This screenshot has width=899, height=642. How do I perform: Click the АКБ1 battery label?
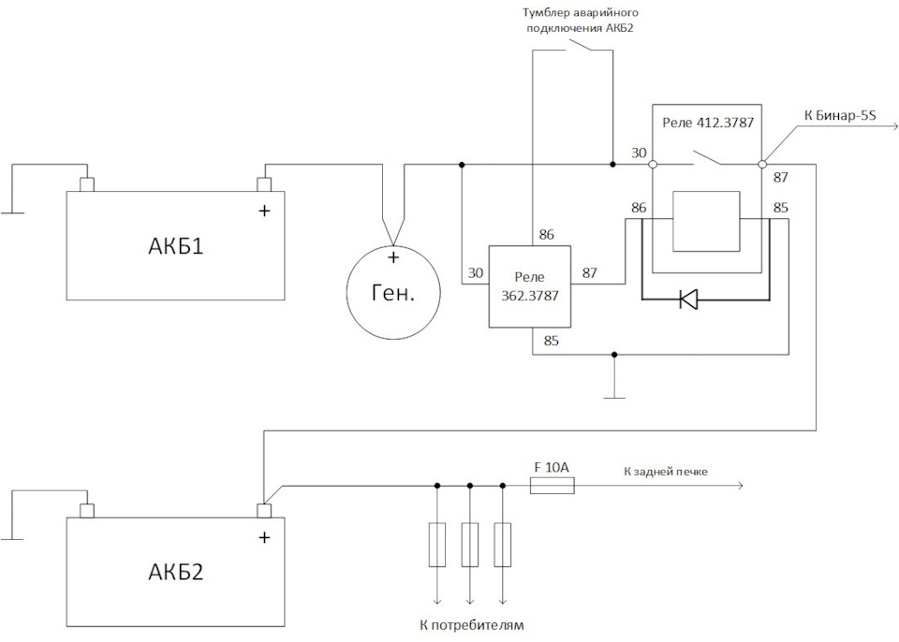pyautogui.click(x=175, y=248)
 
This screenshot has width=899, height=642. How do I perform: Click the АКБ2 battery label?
pyautogui.click(x=175, y=572)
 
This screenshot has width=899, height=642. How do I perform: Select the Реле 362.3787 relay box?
pyautogui.click(x=530, y=285)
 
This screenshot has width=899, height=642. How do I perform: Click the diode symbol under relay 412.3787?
pyautogui.click(x=688, y=300)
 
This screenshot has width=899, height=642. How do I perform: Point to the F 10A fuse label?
pyautogui.click(x=552, y=464)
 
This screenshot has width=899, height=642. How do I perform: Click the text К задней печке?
pyautogui.click(x=666, y=471)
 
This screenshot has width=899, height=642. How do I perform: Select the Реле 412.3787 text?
pyautogui.click(x=708, y=123)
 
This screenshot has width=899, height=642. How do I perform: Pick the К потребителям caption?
pyautogui.click(x=469, y=624)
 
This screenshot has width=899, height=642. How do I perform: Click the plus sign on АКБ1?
pyautogui.click(x=264, y=212)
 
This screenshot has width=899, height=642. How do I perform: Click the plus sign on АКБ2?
pyautogui.click(x=264, y=537)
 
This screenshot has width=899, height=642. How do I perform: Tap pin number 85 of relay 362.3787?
pyautogui.click(x=552, y=342)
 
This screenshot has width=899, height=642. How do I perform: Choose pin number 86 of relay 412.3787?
pyautogui.click(x=639, y=208)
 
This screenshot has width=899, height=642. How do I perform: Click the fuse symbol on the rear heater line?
pyautogui.click(x=553, y=486)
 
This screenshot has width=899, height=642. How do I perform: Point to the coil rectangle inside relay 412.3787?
pyautogui.click(x=706, y=221)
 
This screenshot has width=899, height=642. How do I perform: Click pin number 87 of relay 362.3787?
pyautogui.click(x=590, y=272)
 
